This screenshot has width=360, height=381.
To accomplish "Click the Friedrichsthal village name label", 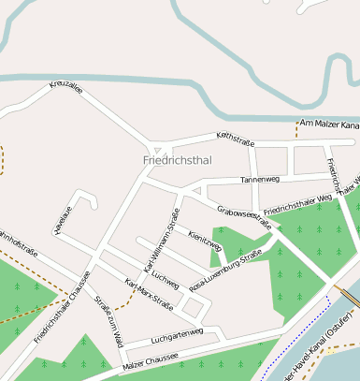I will coord(178,160).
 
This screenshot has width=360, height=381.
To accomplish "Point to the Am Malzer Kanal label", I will coord(328,124).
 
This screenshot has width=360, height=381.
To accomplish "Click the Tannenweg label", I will coord(260,178).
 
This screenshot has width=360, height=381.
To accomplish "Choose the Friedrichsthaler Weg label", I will coord(298,203).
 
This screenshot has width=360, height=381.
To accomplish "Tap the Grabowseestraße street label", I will coord(244,217).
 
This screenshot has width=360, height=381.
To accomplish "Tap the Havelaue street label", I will coord(62,221).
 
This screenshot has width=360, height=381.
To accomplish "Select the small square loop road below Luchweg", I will coord(194,306).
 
